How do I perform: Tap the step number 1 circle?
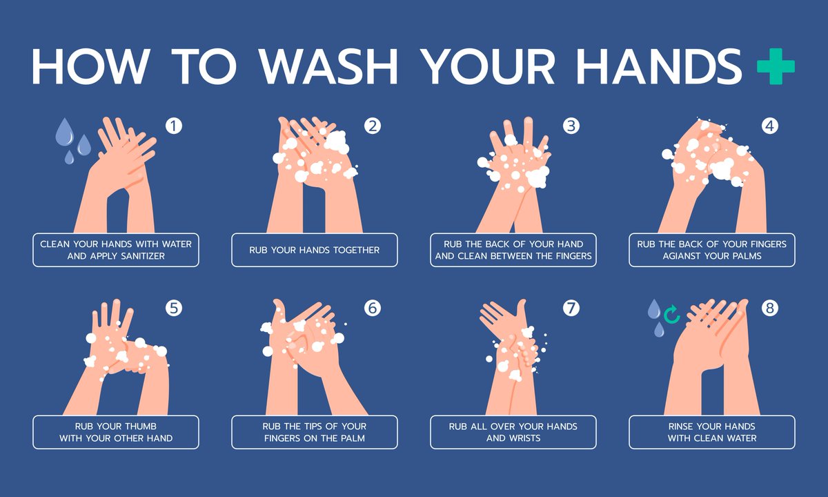(174, 126)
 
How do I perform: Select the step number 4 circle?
(770, 126)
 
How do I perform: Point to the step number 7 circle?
(571, 308)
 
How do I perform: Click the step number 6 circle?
(372, 308)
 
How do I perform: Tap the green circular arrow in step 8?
(671, 314)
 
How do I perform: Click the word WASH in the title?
(328, 67)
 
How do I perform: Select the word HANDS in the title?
(659, 67)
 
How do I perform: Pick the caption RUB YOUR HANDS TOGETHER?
(314, 250)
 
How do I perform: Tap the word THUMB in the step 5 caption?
(141, 427)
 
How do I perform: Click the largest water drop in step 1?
(64, 133)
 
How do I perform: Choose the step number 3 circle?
(571, 126)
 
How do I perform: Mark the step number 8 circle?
(770, 308)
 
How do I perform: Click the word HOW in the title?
(91, 67)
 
